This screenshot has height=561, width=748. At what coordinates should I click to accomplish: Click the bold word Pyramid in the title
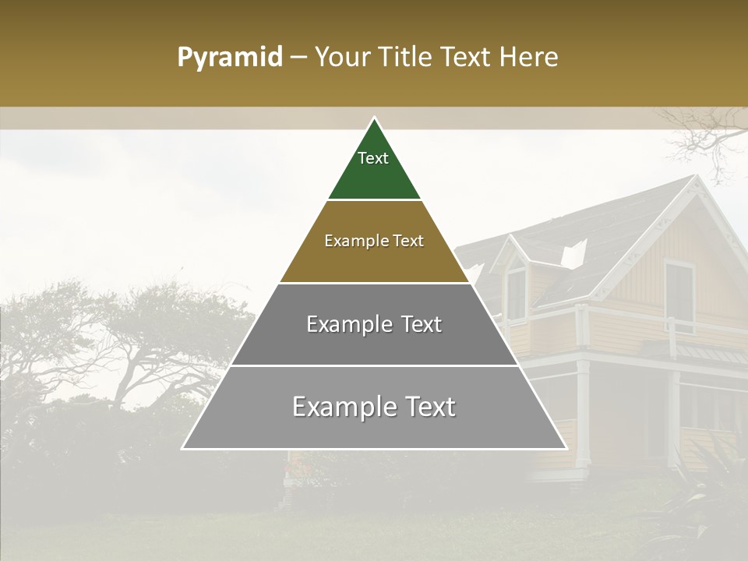230,57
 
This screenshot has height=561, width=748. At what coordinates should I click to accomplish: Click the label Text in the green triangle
373,158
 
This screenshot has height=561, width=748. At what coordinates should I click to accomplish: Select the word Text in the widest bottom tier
429,407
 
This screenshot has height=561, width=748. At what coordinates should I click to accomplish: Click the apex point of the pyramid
374,118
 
